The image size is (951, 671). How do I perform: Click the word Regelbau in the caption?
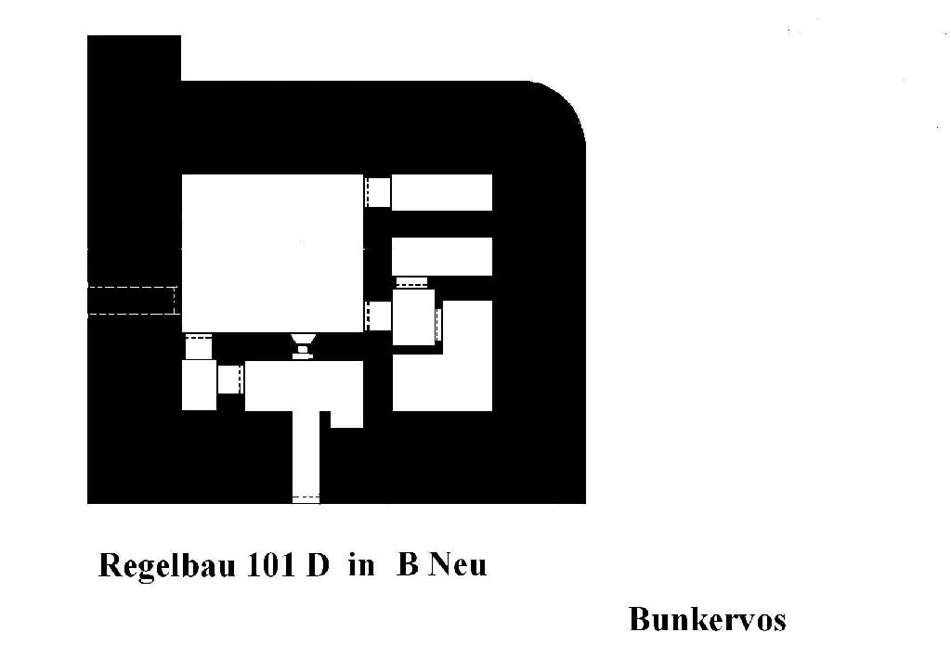click(167, 566)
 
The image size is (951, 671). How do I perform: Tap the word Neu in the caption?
click(458, 565)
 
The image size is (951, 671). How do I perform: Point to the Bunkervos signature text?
click(707, 619)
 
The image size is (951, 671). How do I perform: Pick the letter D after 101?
click(318, 565)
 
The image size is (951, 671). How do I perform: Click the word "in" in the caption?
click(361, 565)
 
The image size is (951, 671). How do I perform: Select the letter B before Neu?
click(408, 565)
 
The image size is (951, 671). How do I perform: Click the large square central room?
click(273, 253)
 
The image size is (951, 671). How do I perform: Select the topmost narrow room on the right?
click(441, 193)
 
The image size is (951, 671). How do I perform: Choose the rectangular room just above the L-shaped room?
click(441, 256)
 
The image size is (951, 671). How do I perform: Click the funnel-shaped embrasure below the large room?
click(304, 345)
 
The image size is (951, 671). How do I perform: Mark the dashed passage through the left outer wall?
click(132, 300)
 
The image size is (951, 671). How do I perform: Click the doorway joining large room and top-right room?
click(377, 192)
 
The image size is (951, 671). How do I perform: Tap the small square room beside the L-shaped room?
click(413, 317)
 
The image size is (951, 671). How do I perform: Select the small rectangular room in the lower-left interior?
click(199, 385)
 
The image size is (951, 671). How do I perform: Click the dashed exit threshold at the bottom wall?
click(306, 499)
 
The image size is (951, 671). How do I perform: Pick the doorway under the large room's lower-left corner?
click(199, 345)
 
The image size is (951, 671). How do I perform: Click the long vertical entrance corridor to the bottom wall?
click(306, 455)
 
